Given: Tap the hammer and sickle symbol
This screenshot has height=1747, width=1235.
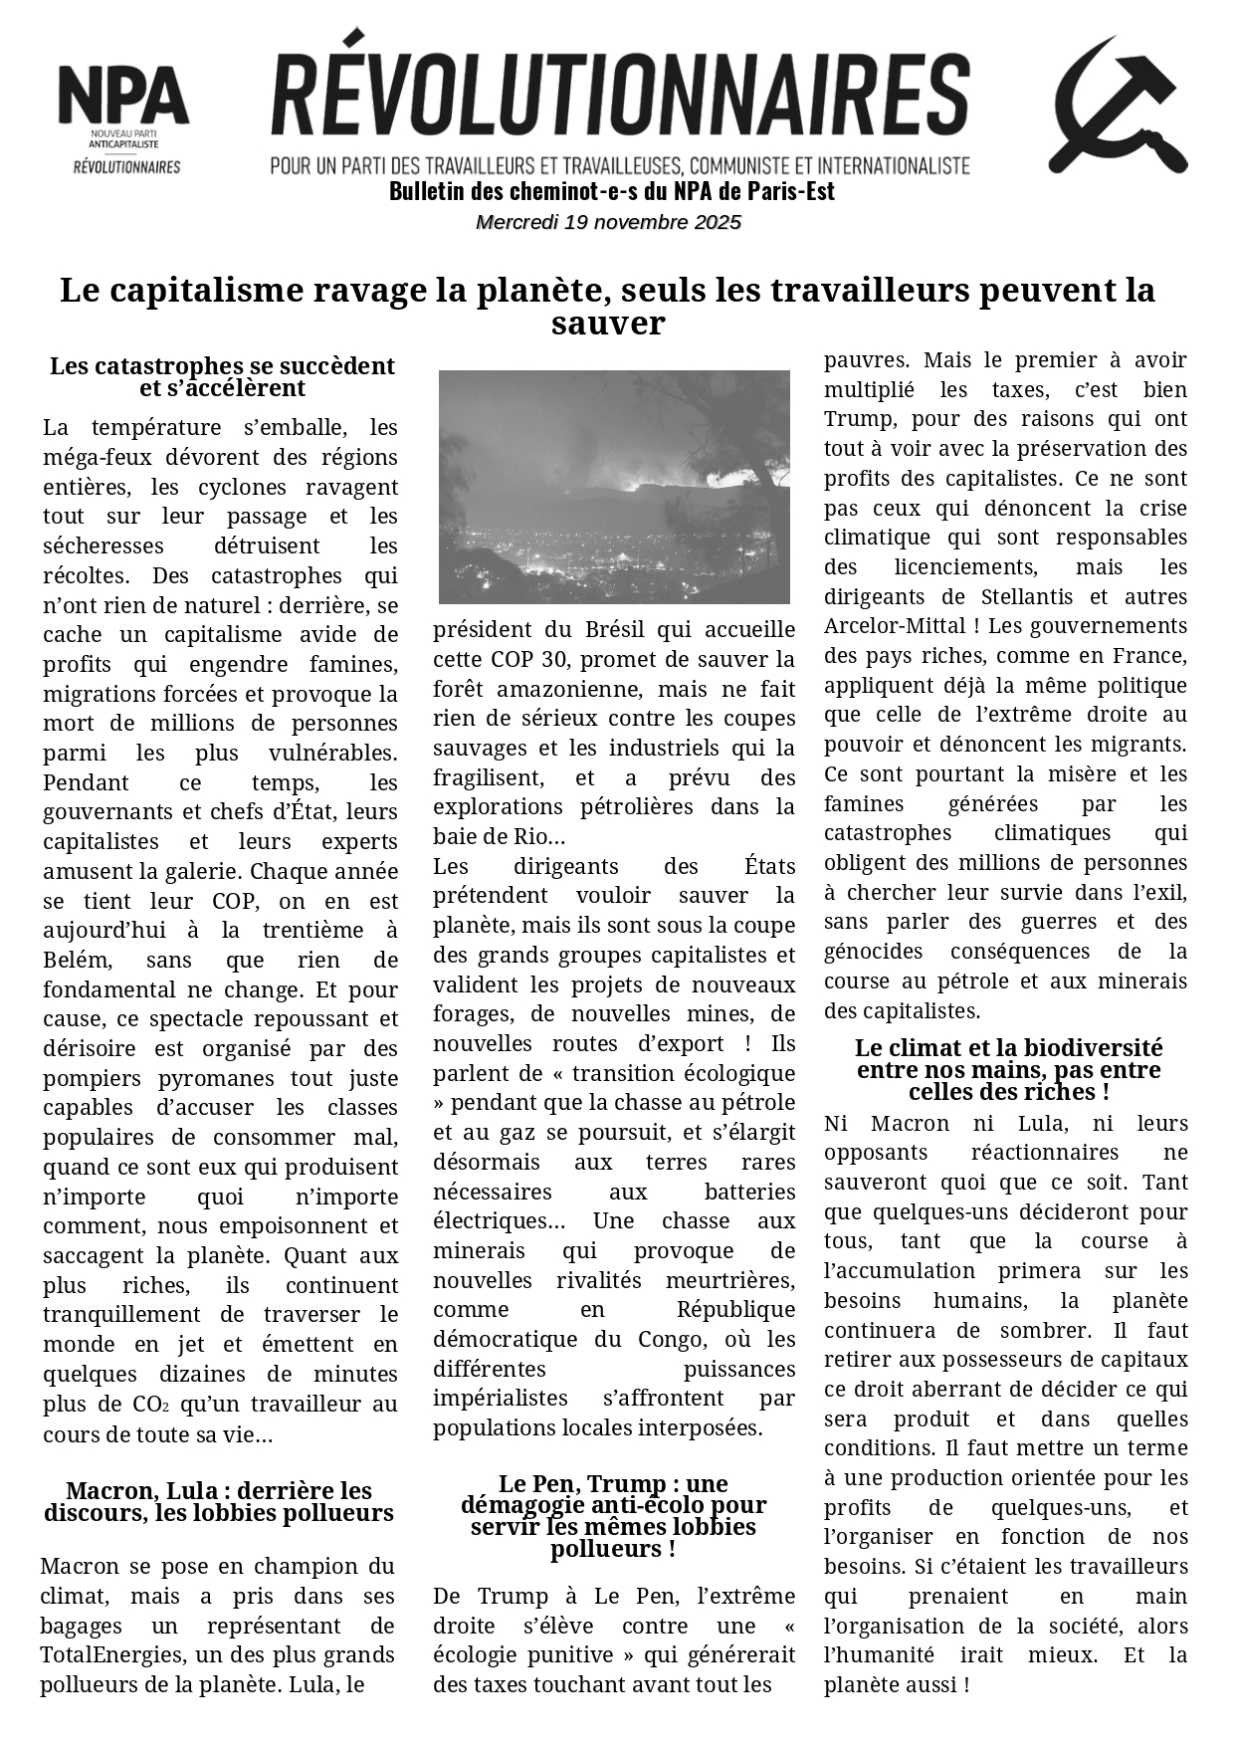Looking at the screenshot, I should point(1118,106).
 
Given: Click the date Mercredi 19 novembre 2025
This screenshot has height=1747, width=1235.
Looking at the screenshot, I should point(609,222).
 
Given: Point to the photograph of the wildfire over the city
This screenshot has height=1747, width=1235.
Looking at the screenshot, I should point(614,487).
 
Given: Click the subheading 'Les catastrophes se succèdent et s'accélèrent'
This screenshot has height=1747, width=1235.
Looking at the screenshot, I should point(222,377).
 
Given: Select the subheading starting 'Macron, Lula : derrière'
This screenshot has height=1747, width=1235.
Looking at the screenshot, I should point(219,1502).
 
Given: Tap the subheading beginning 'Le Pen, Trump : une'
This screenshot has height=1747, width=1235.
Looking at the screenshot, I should point(613,1516).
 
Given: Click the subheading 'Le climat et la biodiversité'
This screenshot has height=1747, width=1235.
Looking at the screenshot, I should point(1008,1070).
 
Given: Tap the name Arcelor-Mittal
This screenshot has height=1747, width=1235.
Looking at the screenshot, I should point(881,626).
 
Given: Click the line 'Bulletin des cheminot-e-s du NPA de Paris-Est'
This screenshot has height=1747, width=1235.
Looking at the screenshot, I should point(611,191).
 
